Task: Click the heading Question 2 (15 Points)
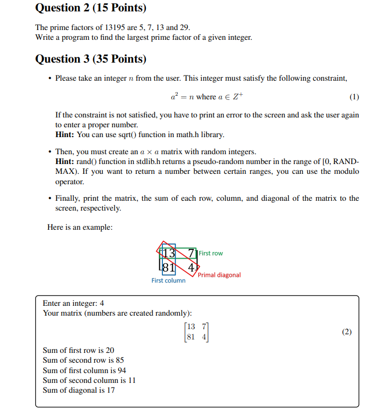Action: pyautogui.click(x=90, y=8)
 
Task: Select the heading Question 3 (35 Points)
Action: pyautogui.click(x=90, y=59)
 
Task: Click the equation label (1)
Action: pyautogui.click(x=354, y=97)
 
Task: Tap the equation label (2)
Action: pyautogui.click(x=347, y=332)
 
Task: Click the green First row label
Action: pyautogui.click(x=211, y=253)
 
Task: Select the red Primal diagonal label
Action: pyautogui.click(x=219, y=275)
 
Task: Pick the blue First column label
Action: pyautogui.click(x=168, y=280)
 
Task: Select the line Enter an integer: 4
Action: pyautogui.click(x=73, y=303)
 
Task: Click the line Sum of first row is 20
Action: pyautogui.click(x=78, y=350)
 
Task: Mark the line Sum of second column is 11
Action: pyautogui.click(x=89, y=380)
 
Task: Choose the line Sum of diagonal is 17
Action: pyautogui.click(x=79, y=390)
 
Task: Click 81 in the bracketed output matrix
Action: pyautogui.click(x=191, y=337)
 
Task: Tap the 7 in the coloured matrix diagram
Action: pyautogui.click(x=192, y=253)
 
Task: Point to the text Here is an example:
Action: pyautogui.click(x=80, y=227)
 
